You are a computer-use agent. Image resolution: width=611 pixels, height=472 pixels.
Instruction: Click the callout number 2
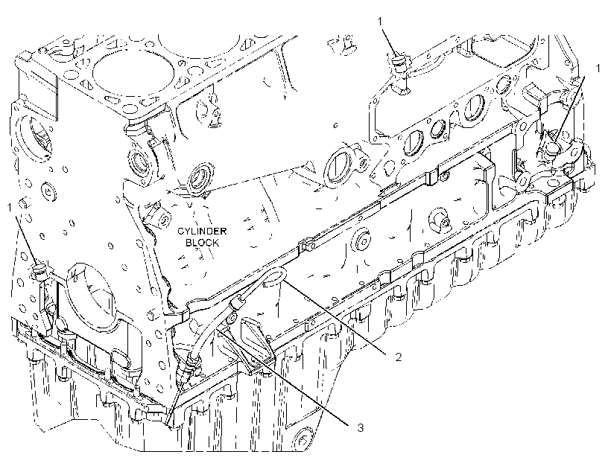pyautogui.click(x=398, y=357)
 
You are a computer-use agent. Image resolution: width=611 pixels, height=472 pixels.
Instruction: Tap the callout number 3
pyautogui.click(x=361, y=427)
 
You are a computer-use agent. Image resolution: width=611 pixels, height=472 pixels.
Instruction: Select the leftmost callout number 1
pyautogui.click(x=10, y=208)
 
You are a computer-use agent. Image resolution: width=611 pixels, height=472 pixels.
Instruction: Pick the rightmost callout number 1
pyautogui.click(x=598, y=68)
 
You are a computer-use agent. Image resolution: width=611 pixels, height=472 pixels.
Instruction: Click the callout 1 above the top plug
pyautogui.click(x=380, y=22)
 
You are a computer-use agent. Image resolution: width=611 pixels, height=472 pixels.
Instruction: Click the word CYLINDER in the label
pyautogui.click(x=202, y=231)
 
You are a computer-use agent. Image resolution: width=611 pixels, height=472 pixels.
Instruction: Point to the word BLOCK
pyautogui.click(x=202, y=243)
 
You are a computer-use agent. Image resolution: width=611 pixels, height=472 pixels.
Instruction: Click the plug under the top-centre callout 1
pyautogui.click(x=399, y=63)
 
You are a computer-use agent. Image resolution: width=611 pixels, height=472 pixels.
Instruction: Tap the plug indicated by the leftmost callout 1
pyautogui.click(x=39, y=271)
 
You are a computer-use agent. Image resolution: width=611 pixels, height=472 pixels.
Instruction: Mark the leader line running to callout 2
pyautogui.click(x=334, y=316)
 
